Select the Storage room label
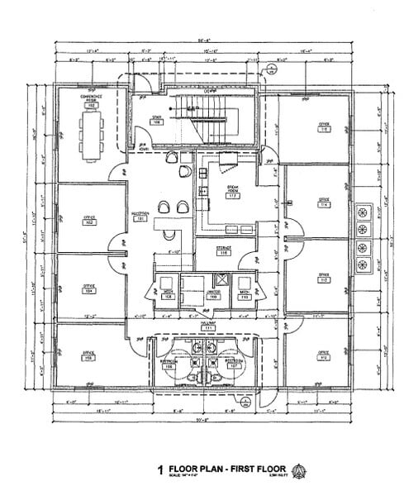[222, 251]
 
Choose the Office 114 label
[325, 203]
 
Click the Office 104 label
[88, 288]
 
